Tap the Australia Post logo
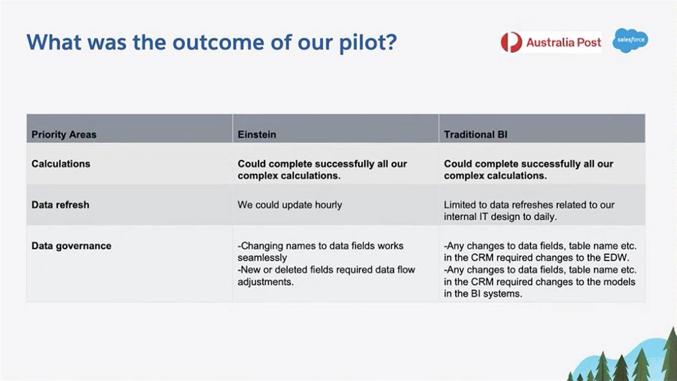[x=551, y=42]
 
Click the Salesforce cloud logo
[x=631, y=40]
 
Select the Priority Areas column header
[x=64, y=134]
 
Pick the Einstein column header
[x=257, y=134]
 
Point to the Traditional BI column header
[x=476, y=134]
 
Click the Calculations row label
[x=61, y=164]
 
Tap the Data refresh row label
[x=60, y=205]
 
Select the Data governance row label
[x=71, y=246]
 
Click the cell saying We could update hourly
[x=290, y=205]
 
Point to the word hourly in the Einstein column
[x=328, y=205]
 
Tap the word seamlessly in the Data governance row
[x=262, y=258]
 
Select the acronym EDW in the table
[x=618, y=258]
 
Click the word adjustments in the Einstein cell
[x=265, y=282]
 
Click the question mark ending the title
[x=391, y=42]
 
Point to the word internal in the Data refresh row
[x=460, y=217]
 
